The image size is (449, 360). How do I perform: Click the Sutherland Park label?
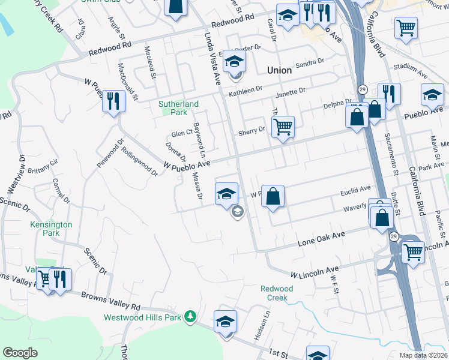[178, 108]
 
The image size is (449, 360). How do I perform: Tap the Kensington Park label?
[51, 229]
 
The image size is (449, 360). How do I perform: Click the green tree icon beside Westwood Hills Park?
[190, 316]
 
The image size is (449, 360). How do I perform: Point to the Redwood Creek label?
[277, 293]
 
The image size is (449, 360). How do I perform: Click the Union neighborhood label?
[279, 70]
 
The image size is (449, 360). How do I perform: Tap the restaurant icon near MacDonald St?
[112, 100]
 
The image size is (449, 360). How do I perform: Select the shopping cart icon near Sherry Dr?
[283, 127]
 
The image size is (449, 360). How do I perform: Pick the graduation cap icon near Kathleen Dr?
[235, 61]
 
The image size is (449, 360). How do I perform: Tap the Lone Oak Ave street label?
[322, 239]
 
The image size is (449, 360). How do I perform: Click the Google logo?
[20, 352]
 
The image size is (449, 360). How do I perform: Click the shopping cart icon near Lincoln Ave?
[413, 251]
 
